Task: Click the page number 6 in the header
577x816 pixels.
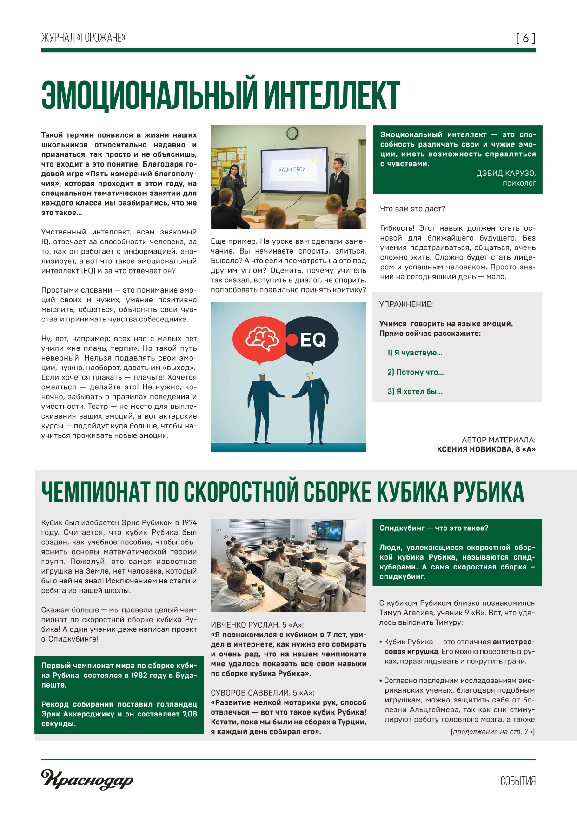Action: coord(525,38)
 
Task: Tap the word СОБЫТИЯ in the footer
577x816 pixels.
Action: coord(518,781)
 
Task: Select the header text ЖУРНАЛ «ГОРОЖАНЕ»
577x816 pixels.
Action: coord(83,38)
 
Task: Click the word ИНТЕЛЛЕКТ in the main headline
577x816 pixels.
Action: coord(332,95)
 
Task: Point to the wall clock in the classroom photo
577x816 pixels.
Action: coord(292,133)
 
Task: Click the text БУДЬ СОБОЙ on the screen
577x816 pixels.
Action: coord(292,169)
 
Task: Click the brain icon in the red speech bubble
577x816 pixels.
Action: coord(262,338)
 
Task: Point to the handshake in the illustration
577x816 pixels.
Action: coord(289,397)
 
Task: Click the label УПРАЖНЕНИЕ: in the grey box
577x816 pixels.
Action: coord(406,304)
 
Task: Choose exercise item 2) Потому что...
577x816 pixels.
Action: coord(415,372)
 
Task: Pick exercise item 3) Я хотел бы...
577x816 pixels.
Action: coord(415,392)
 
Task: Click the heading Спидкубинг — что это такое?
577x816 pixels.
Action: coord(434,528)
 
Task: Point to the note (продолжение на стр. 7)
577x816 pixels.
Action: coord(492,732)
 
